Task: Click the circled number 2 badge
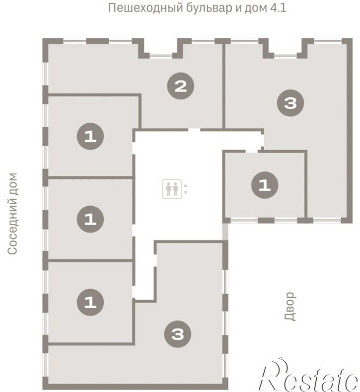(180, 86)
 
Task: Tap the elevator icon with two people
(172, 189)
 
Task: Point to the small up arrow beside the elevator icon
(185, 185)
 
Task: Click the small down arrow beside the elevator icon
(185, 192)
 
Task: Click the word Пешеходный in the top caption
(145, 8)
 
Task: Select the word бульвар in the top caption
(210, 8)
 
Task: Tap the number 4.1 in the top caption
(278, 8)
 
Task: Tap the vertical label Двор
(290, 306)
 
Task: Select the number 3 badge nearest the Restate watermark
(178, 334)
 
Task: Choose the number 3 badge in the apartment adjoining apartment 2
(290, 103)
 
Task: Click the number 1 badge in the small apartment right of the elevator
(265, 185)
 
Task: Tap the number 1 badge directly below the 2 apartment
(90, 136)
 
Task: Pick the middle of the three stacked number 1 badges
(90, 219)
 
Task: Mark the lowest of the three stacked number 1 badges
(90, 302)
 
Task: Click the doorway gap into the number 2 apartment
(194, 130)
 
